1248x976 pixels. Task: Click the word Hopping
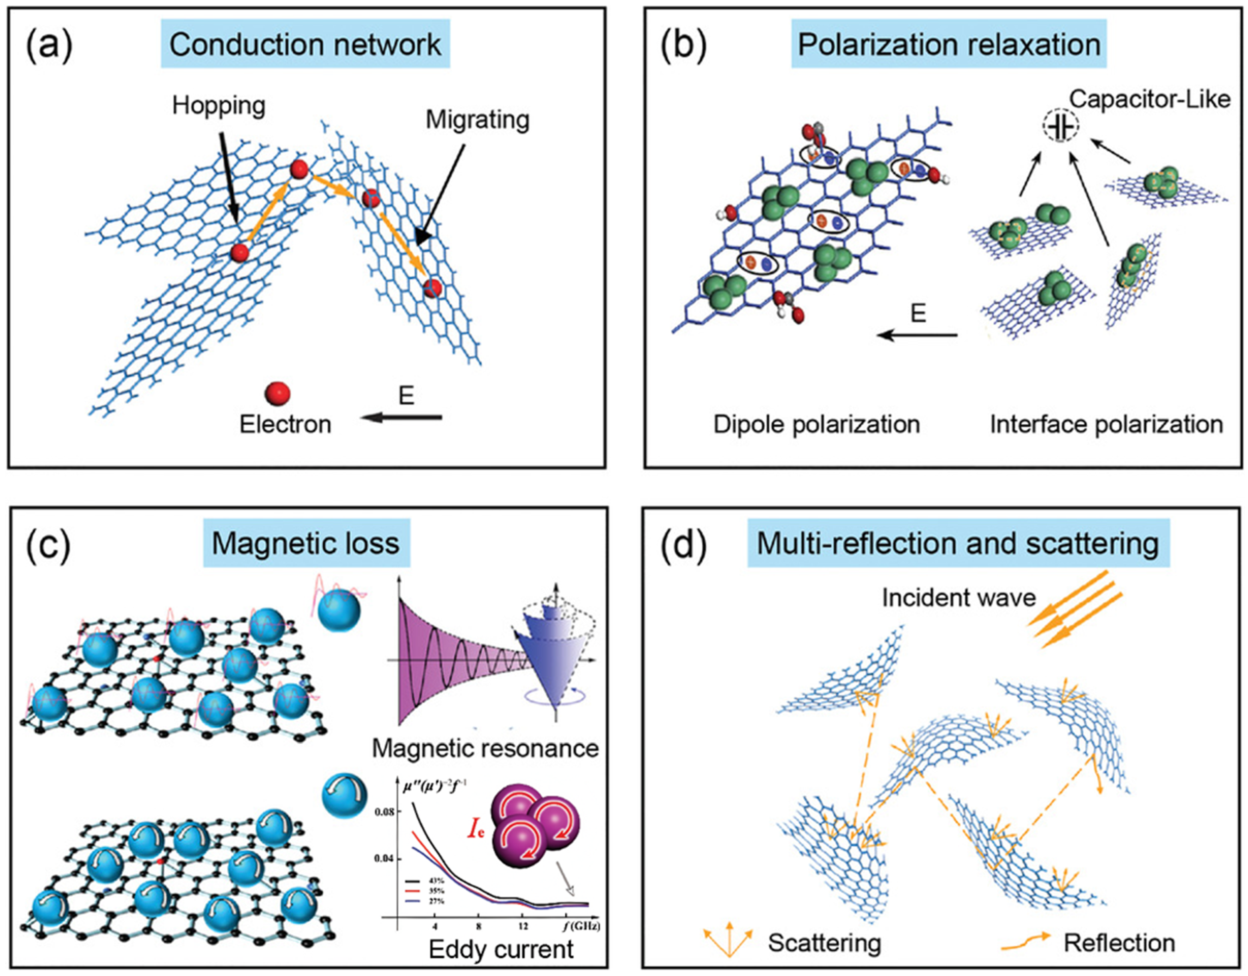pos(219,106)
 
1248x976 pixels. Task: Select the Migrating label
pos(477,120)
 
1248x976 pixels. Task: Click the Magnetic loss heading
pos(306,543)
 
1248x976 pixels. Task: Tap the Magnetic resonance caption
pos(485,748)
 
